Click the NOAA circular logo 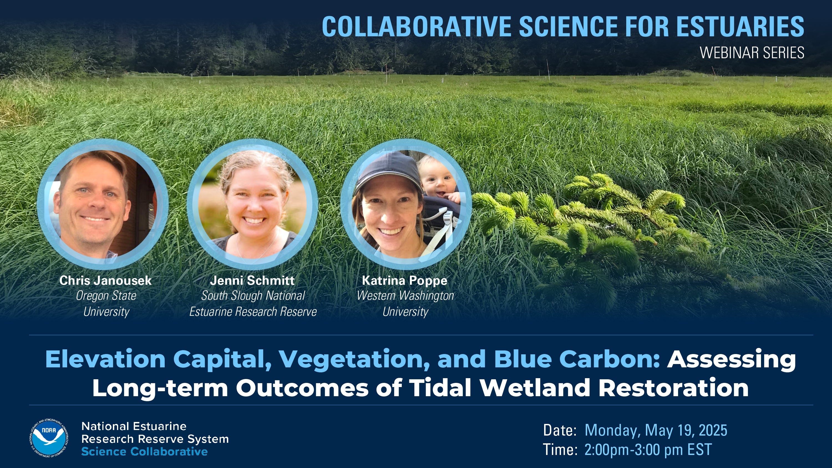(x=49, y=439)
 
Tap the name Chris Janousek (x=105, y=280)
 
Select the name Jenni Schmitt (x=252, y=280)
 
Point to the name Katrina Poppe (x=405, y=280)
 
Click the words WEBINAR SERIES (x=752, y=53)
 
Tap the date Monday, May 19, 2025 (x=656, y=430)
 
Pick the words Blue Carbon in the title (x=577, y=359)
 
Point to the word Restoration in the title (x=673, y=388)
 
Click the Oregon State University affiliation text (x=106, y=304)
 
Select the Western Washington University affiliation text (x=405, y=304)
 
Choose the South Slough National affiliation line (x=253, y=296)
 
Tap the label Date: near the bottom (x=560, y=430)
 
